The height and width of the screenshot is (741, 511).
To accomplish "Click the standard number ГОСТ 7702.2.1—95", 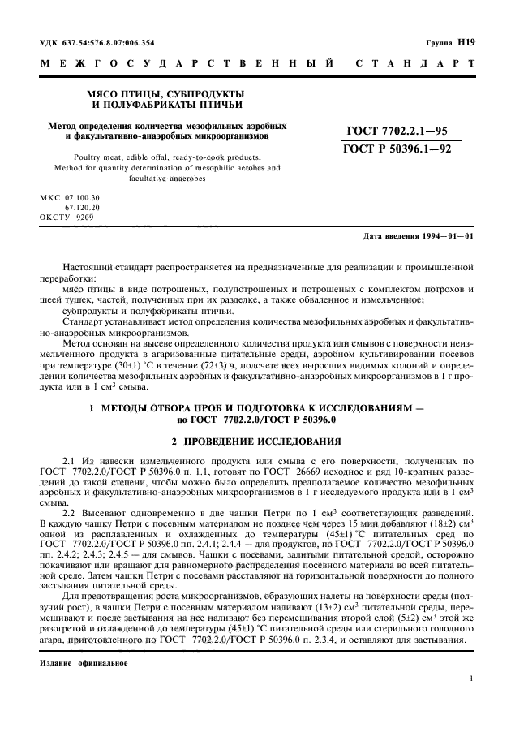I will point(397,131).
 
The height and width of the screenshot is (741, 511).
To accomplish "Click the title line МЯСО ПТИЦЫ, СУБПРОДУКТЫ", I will point(169,94).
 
